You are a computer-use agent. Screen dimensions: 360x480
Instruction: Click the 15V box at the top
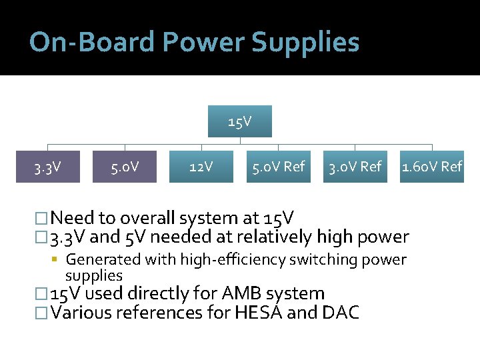click(239, 121)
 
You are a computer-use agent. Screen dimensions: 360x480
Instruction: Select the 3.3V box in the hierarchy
click(48, 167)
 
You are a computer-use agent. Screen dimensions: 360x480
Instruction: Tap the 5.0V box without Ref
click(125, 167)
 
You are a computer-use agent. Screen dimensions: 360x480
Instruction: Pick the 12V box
click(201, 167)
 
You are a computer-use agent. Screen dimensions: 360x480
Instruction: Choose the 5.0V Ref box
click(277, 167)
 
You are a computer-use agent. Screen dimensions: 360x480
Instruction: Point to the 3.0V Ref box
click(354, 167)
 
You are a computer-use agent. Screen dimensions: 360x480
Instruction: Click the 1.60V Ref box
click(431, 167)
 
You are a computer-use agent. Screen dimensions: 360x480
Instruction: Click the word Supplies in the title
click(305, 42)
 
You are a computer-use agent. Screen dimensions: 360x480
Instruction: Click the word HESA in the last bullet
click(259, 312)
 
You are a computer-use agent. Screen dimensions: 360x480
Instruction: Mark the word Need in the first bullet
click(72, 218)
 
